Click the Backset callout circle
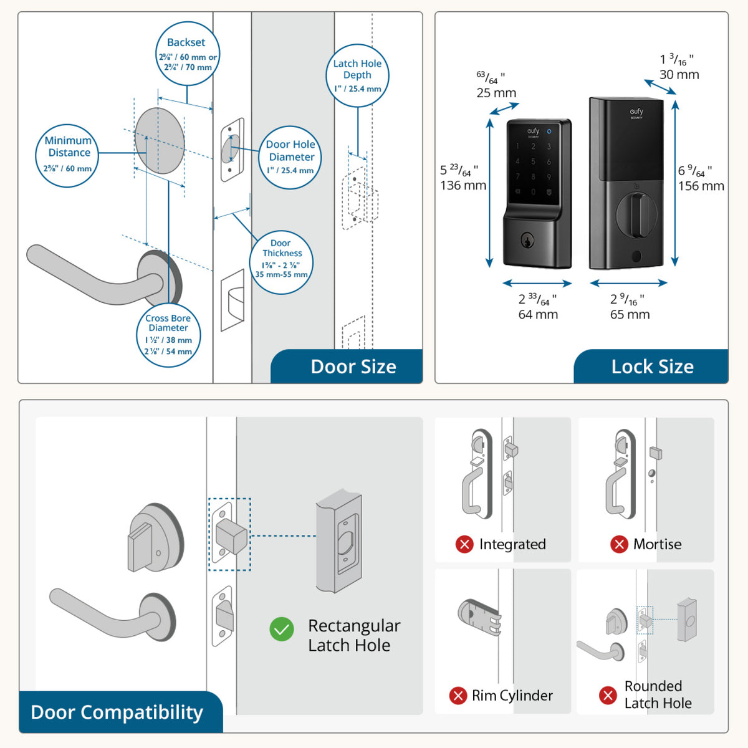(187, 54)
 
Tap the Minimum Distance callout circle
(67, 155)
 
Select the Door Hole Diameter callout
(290, 156)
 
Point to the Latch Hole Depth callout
(357, 75)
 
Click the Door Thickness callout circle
(281, 262)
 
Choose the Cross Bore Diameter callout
(168, 335)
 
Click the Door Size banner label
(353, 367)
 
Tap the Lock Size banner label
(652, 367)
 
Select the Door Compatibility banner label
(117, 712)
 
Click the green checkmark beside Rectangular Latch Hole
(282, 630)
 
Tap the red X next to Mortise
(619, 544)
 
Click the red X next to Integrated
(464, 544)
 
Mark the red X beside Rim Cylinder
(458, 696)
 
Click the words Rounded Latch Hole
(658, 694)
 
